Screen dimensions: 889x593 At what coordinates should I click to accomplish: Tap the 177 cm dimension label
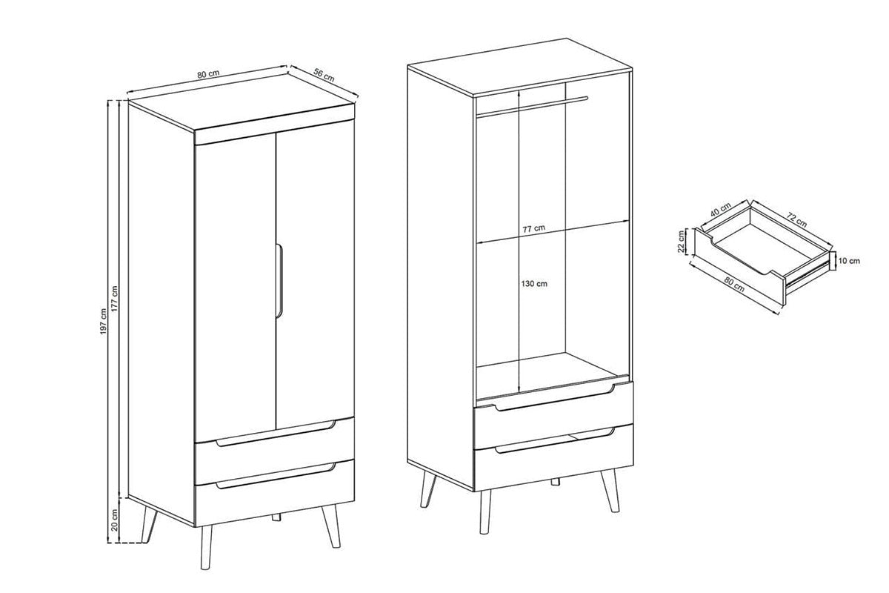[115, 299]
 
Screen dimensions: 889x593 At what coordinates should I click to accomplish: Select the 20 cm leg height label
[115, 520]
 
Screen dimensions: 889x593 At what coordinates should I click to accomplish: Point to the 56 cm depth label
[324, 76]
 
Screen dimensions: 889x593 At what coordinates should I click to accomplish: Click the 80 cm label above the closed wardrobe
[208, 74]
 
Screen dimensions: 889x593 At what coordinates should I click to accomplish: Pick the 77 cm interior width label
[534, 229]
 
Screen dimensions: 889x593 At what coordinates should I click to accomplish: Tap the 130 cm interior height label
[534, 284]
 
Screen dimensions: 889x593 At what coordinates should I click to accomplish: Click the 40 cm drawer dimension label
[720, 209]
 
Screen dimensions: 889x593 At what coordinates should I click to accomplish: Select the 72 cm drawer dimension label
[796, 220]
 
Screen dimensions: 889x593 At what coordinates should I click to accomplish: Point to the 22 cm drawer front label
[681, 242]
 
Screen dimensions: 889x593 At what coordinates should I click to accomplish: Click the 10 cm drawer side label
[850, 261]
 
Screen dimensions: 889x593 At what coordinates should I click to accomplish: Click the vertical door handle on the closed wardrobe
[279, 280]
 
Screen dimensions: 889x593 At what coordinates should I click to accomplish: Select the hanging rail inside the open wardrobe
[532, 107]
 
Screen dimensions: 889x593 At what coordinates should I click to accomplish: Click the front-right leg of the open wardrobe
[609, 491]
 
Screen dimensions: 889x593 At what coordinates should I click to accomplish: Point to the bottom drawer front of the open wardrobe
[553, 458]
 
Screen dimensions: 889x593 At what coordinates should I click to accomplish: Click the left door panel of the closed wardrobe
[236, 286]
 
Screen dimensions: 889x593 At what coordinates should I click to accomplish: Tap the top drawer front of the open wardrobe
[553, 415]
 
